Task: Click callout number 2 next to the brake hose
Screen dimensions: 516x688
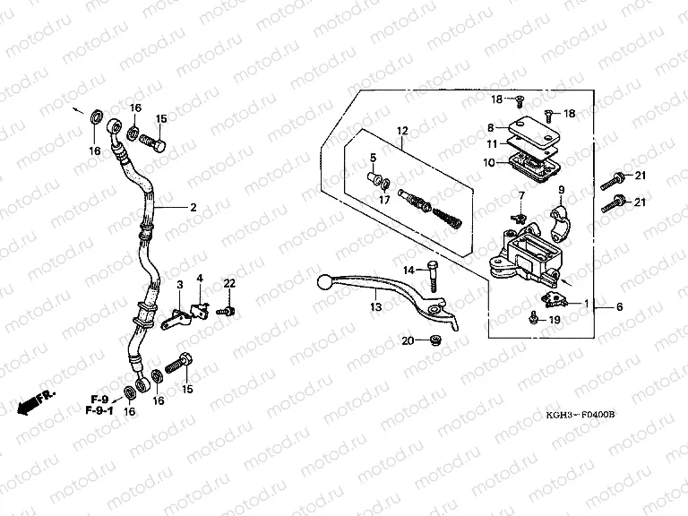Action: tap(193, 207)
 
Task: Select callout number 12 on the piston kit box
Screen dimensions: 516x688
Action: tap(403, 130)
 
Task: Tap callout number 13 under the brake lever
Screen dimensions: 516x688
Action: tap(376, 307)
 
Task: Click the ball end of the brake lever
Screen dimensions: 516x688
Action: tap(324, 284)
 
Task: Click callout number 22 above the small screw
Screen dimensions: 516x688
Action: tap(228, 283)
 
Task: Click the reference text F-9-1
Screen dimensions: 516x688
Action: tap(100, 410)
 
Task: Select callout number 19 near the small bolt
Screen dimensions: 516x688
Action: tap(555, 319)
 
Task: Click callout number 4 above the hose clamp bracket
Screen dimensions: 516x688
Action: tap(201, 279)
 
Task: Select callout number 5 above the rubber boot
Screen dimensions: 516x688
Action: tap(374, 158)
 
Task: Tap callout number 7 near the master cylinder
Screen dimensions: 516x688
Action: tap(520, 195)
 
